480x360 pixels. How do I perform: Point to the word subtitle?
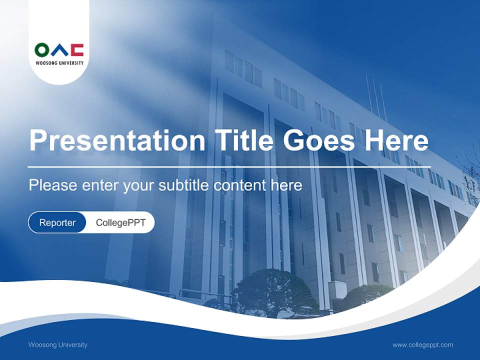(185, 185)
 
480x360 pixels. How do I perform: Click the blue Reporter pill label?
(57, 222)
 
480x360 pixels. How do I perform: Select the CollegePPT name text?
(120, 222)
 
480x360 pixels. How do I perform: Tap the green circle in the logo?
(42, 50)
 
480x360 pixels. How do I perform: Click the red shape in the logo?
(77, 50)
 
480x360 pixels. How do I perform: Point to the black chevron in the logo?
(59, 50)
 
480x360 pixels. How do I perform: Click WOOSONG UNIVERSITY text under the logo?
(59, 63)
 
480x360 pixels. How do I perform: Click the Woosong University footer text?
(58, 344)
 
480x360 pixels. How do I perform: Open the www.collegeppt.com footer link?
(422, 344)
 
